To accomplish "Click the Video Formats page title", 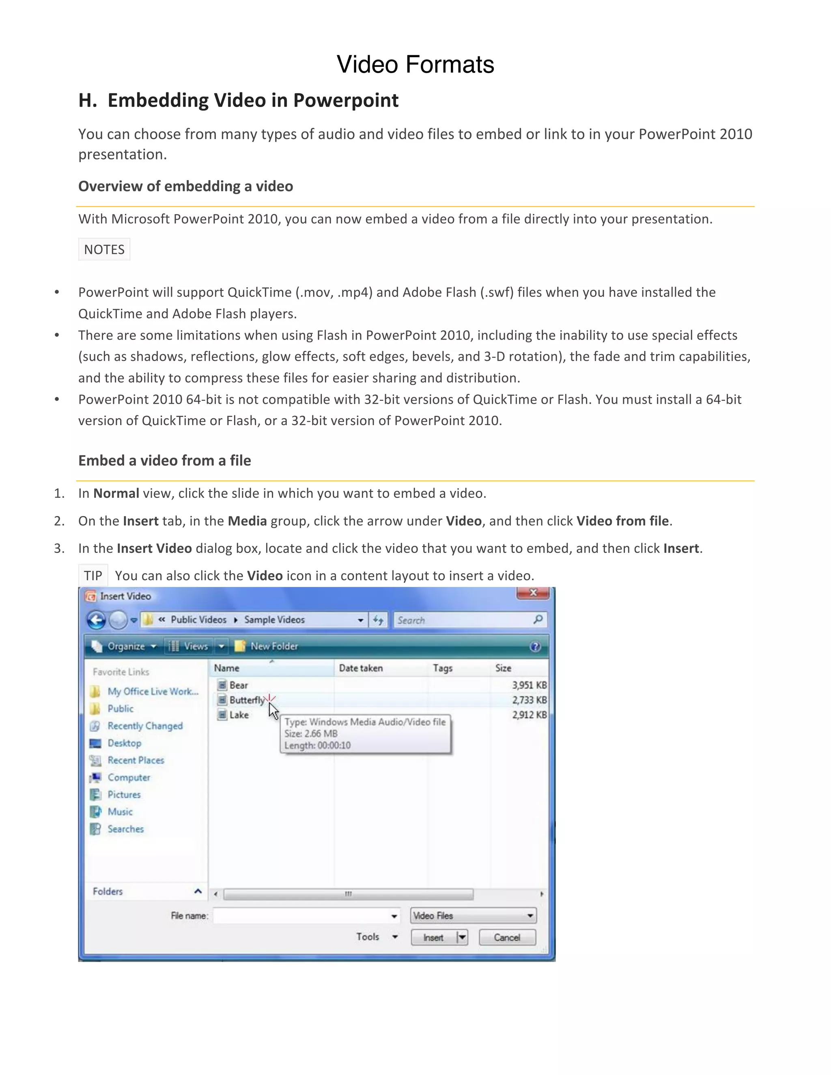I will click(415, 64).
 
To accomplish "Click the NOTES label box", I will click(104, 249).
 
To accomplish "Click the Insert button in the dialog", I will click(433, 937).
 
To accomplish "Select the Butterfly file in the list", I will click(246, 700).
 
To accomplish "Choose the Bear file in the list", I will click(238, 685).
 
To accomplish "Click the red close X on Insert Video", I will click(533, 593).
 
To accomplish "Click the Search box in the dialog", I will click(463, 620).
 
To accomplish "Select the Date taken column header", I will click(361, 668).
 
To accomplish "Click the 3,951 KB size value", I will click(529, 685).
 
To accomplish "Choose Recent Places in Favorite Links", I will click(136, 760).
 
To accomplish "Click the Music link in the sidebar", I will click(120, 812).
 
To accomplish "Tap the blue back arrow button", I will click(97, 620).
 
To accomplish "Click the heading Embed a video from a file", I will click(164, 460).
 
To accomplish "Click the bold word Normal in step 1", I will click(116, 493).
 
